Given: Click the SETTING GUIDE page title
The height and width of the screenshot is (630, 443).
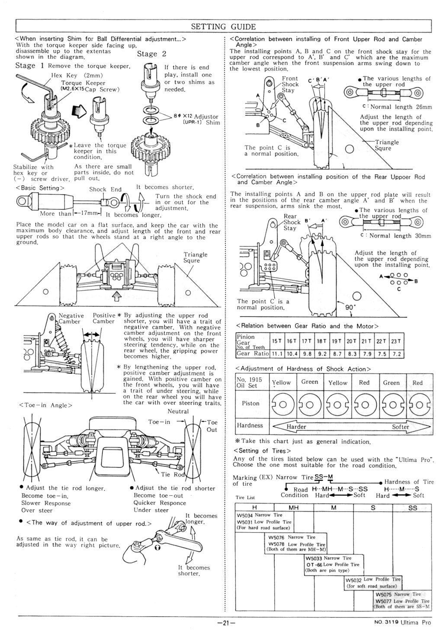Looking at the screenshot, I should click(223, 26).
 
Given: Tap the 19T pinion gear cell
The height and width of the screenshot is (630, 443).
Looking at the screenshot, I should click(337, 341).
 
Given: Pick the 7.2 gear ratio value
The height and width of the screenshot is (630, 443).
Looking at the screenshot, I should click(396, 354).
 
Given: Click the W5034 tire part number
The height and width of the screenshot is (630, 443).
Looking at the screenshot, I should click(245, 515).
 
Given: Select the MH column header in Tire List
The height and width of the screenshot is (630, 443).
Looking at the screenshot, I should click(293, 508).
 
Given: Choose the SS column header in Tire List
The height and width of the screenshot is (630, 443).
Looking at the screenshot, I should click(412, 508).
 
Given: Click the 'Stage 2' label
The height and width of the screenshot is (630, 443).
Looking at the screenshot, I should click(151, 54).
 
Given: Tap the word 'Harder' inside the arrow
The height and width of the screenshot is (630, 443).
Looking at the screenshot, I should click(296, 427).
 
